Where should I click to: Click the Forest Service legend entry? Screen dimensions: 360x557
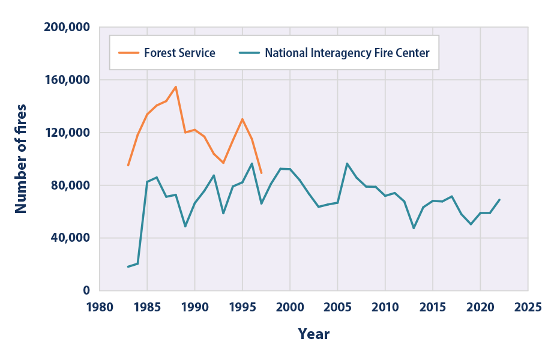click(x=179, y=53)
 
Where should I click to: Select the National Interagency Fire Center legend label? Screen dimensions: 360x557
click(x=347, y=53)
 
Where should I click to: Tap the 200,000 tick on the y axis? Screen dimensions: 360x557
click(x=67, y=27)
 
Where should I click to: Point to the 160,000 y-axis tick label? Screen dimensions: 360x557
click(x=67, y=80)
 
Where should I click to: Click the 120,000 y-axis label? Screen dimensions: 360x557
click(x=67, y=133)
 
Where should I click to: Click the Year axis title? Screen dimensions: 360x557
click(x=313, y=334)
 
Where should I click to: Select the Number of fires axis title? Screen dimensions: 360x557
click(x=21, y=158)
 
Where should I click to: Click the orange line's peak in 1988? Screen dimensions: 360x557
click(x=175, y=86)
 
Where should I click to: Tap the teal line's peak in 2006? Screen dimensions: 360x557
click(x=347, y=163)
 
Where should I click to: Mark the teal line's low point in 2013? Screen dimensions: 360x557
click(x=414, y=228)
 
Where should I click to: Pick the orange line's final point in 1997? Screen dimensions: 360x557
click(x=261, y=173)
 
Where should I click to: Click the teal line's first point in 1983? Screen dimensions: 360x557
click(x=128, y=266)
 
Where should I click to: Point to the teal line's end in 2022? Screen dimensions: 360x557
click(x=499, y=200)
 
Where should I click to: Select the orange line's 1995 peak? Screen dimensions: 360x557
click(x=242, y=119)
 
